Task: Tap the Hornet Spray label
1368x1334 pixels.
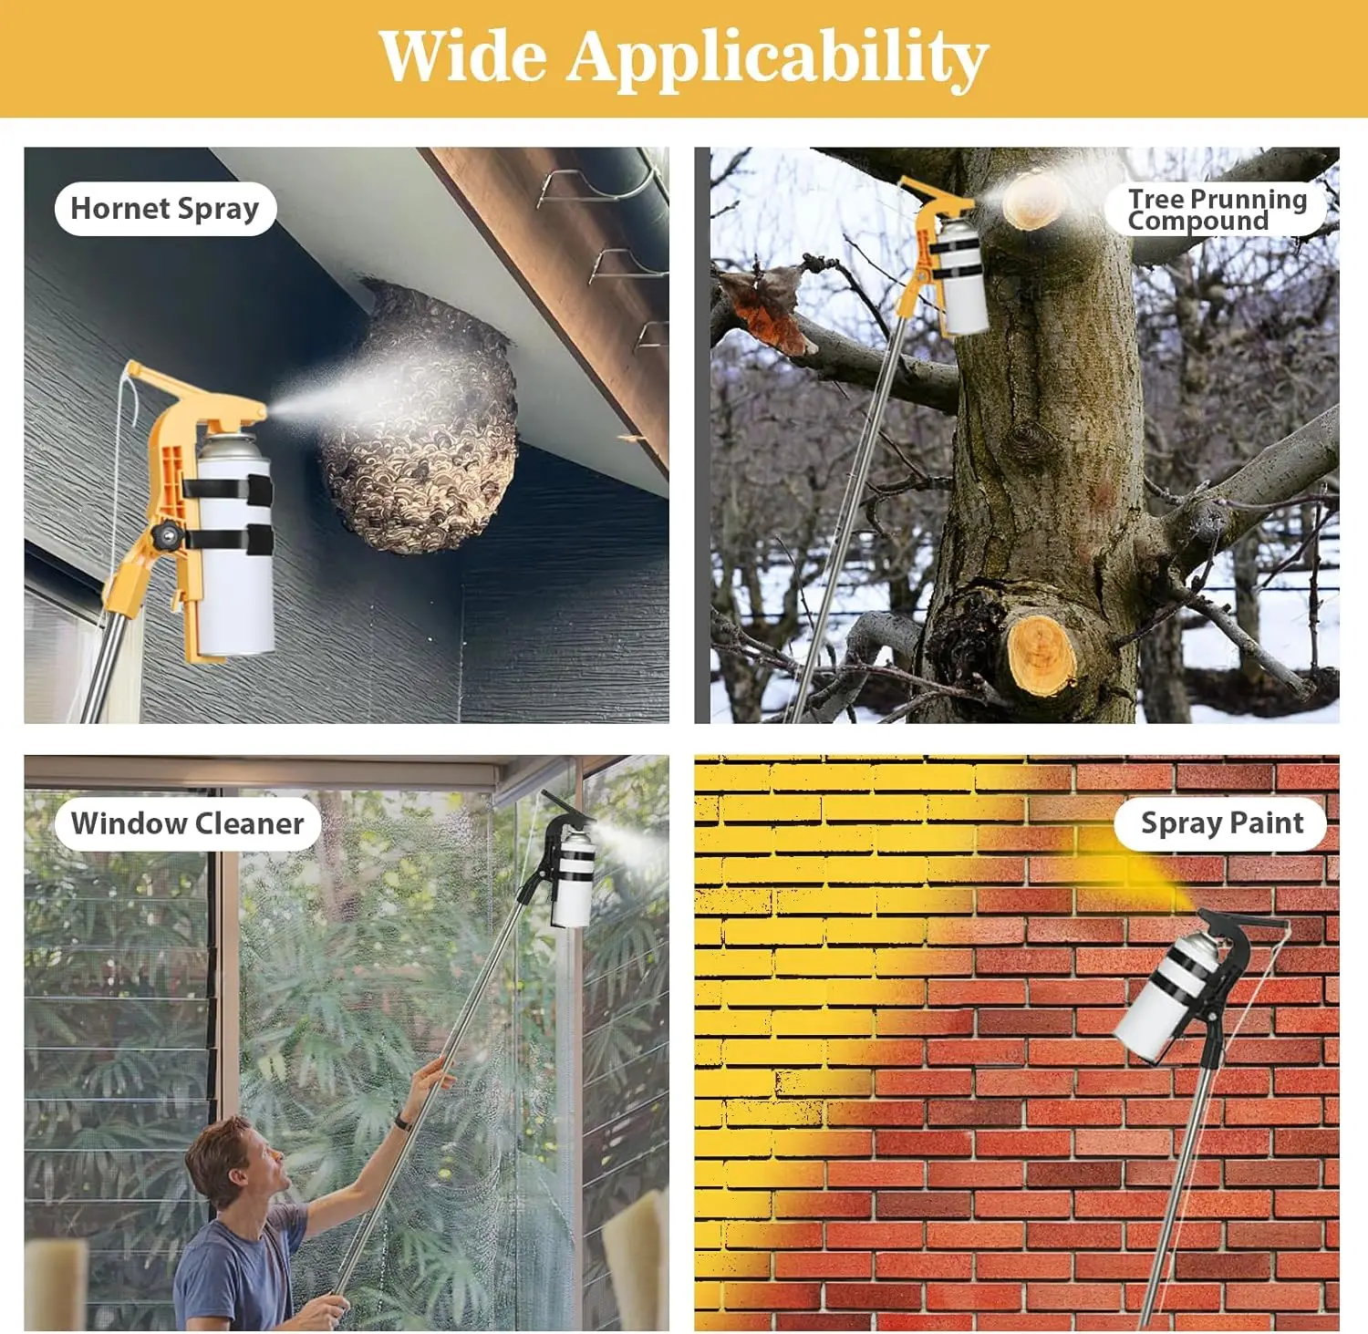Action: click(165, 209)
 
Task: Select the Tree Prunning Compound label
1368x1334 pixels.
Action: click(1216, 210)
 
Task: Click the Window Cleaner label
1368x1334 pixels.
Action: click(187, 823)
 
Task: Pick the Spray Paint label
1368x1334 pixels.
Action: click(1221, 823)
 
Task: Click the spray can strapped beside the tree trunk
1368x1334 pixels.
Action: click(961, 277)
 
